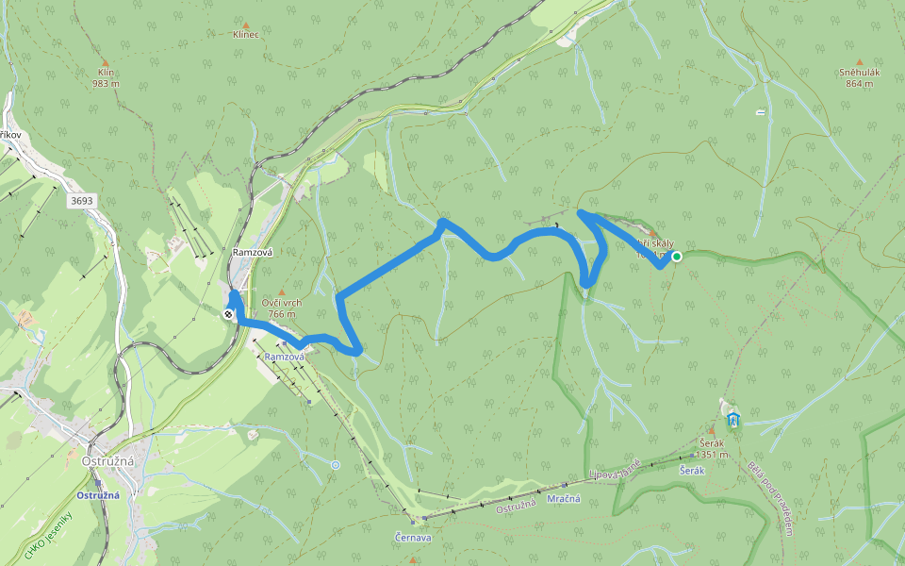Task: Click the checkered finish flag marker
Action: click(229, 315)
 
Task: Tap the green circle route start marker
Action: click(677, 256)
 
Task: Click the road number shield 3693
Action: click(81, 201)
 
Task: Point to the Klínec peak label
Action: click(245, 34)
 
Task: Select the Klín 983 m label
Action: click(105, 77)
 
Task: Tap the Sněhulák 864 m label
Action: click(858, 77)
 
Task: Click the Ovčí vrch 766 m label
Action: click(279, 308)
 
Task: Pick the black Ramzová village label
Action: click(251, 253)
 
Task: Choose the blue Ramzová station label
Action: click(284, 357)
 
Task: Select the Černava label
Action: click(413, 538)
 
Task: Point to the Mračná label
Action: click(566, 498)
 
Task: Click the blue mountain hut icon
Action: click(733, 420)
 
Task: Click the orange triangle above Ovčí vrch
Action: click(280, 292)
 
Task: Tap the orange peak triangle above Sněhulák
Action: click(859, 63)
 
